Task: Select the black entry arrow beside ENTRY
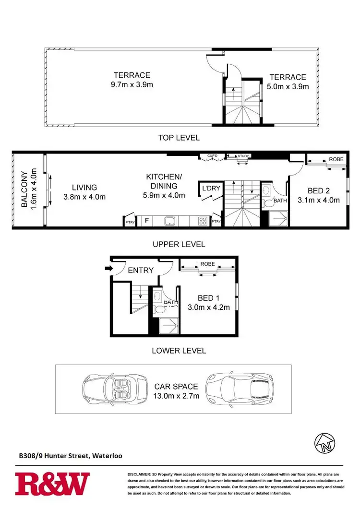point(108,269)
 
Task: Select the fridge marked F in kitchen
point(146,221)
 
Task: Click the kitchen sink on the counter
point(169,221)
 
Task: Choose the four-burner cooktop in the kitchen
point(203,221)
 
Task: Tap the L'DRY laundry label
point(211,188)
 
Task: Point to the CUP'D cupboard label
point(213,156)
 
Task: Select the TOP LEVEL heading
point(179,138)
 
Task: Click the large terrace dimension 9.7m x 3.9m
point(132,85)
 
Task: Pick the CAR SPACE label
point(176,386)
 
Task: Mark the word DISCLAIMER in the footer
point(140,474)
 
